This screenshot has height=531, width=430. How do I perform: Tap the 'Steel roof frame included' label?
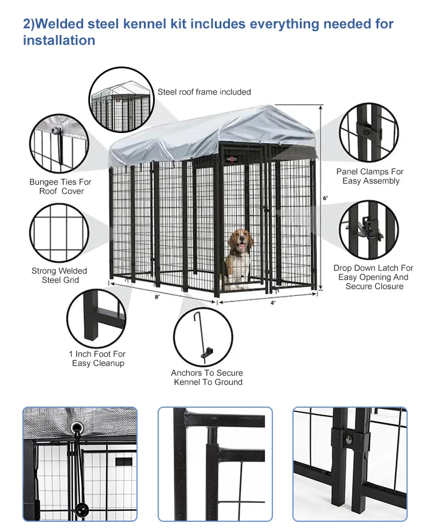(x=204, y=92)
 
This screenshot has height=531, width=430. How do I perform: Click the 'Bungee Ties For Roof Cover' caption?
(x=60, y=186)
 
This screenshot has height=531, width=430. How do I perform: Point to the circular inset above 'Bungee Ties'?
(x=59, y=144)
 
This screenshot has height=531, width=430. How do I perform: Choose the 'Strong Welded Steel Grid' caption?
(x=60, y=275)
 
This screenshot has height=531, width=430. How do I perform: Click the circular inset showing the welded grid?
(x=58, y=232)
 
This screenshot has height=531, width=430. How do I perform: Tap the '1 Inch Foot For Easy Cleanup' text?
(x=97, y=358)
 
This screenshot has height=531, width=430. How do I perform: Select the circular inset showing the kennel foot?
(x=96, y=318)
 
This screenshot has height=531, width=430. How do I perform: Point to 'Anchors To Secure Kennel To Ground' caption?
(x=208, y=377)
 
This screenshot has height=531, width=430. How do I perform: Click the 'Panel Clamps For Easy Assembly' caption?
(x=370, y=176)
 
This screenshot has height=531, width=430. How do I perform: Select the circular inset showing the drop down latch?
(x=369, y=229)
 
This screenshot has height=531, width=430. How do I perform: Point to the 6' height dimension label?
(x=326, y=198)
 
